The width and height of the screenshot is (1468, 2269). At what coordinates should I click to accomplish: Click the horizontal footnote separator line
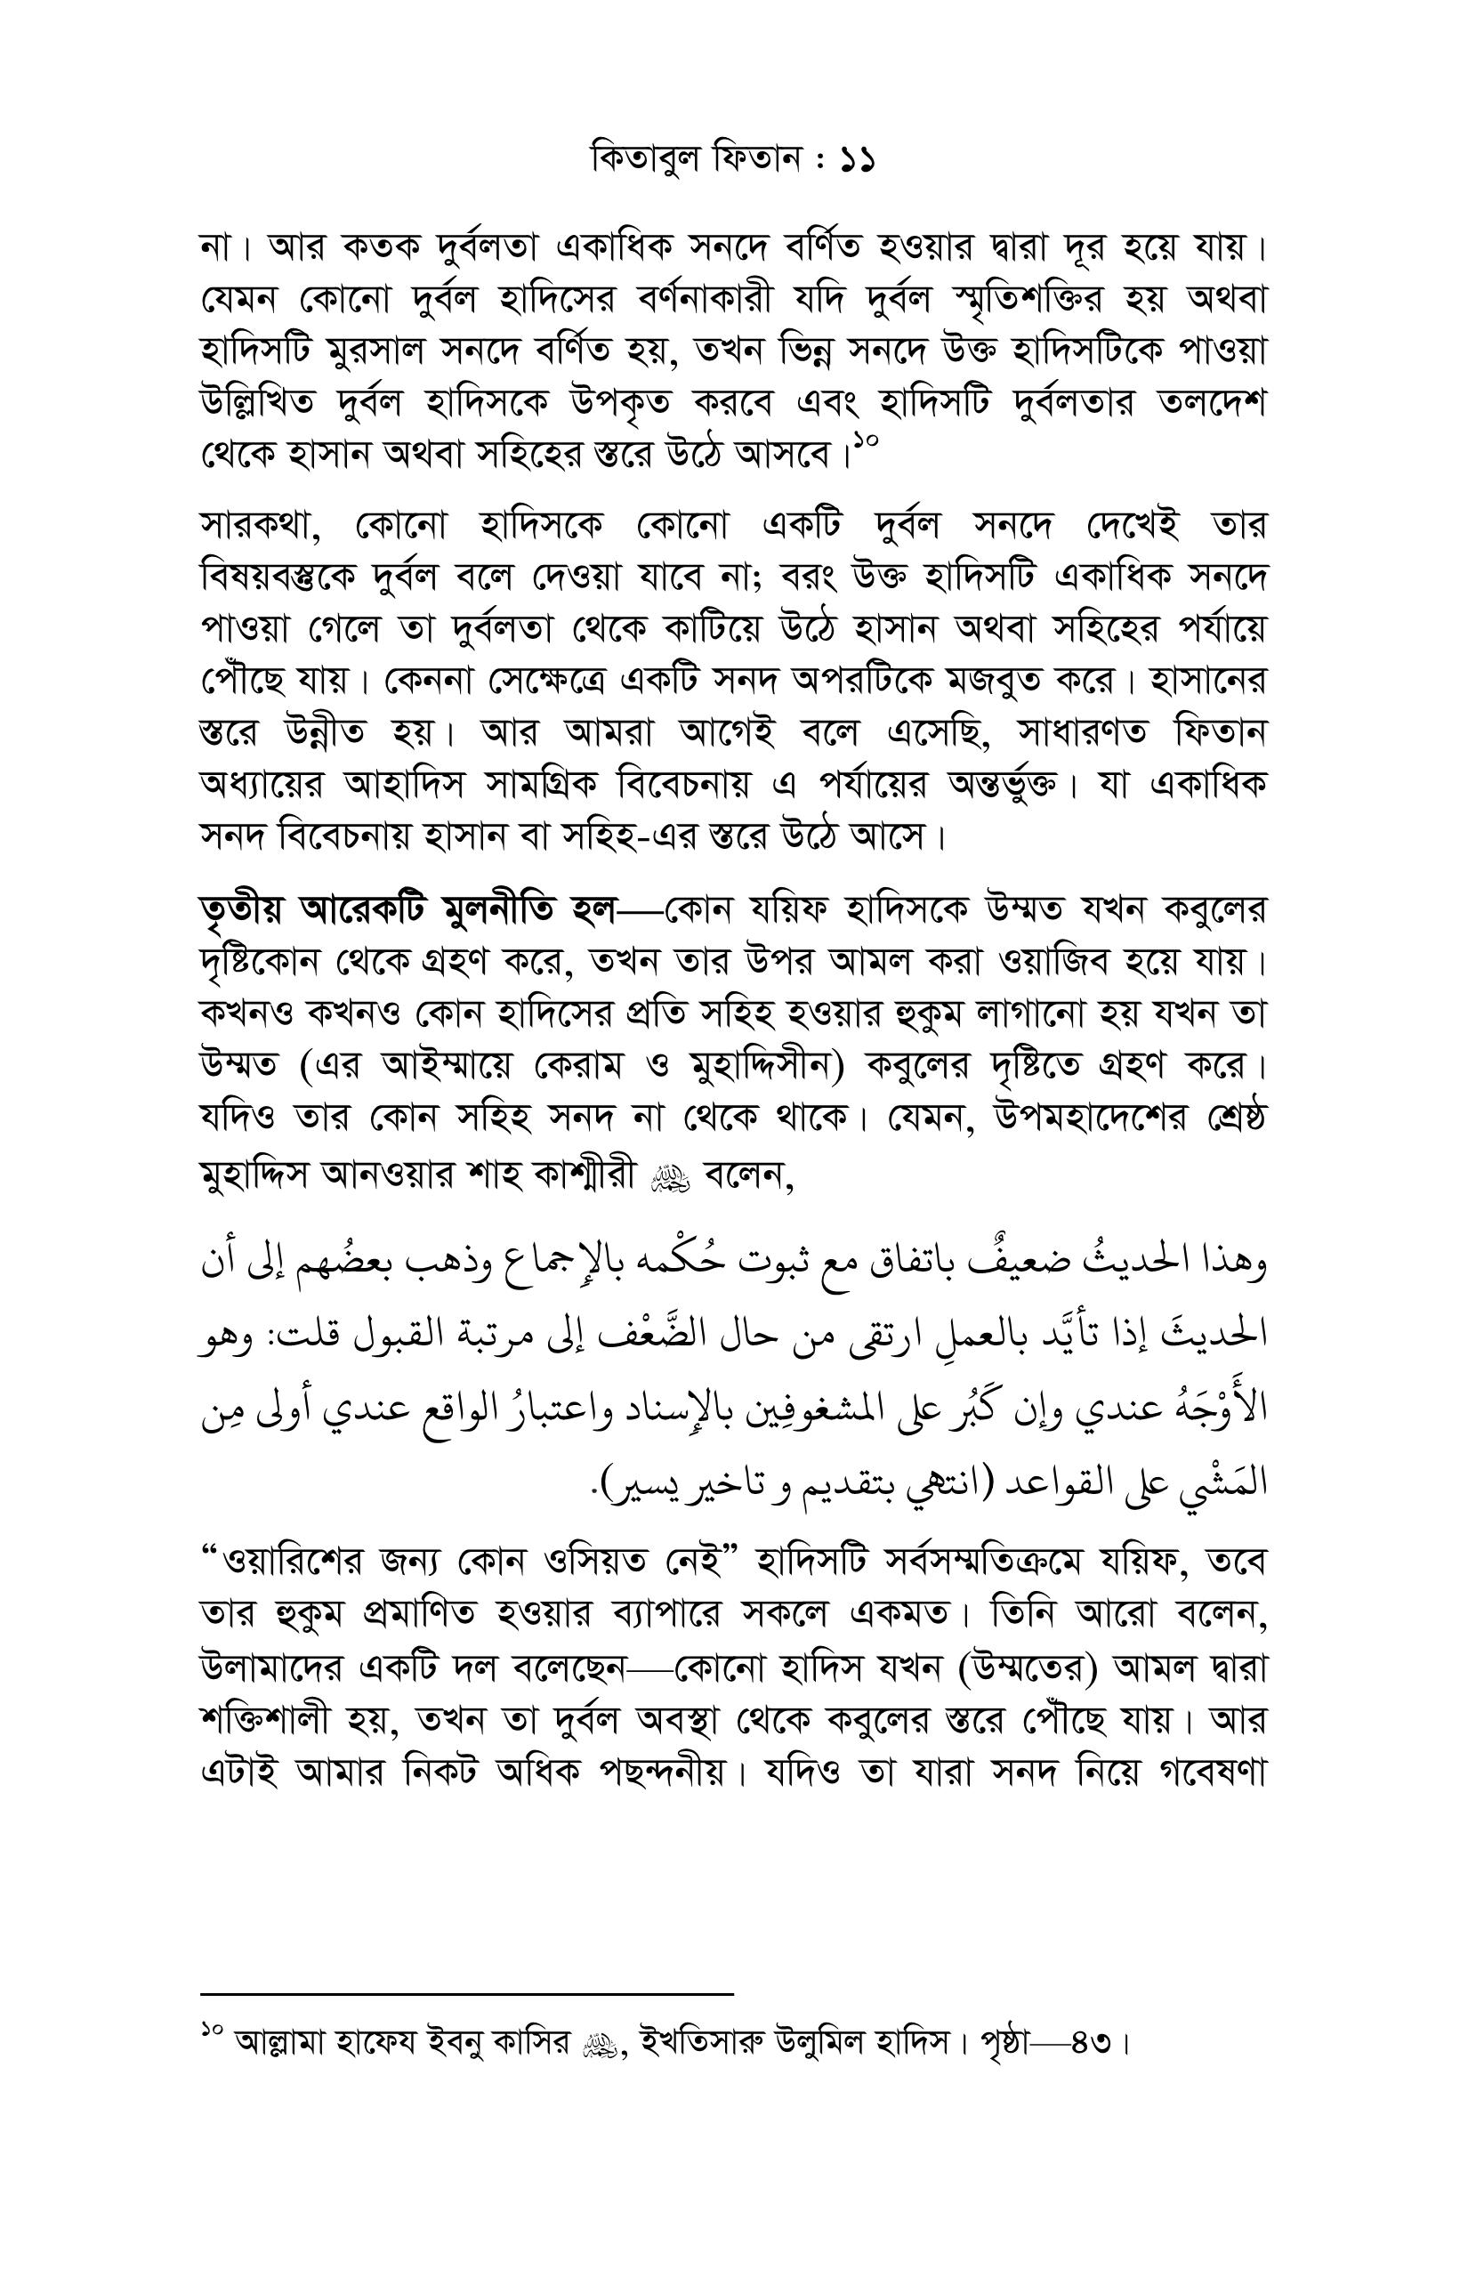467,1993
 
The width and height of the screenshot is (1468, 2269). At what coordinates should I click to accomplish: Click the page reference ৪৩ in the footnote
1091,2044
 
